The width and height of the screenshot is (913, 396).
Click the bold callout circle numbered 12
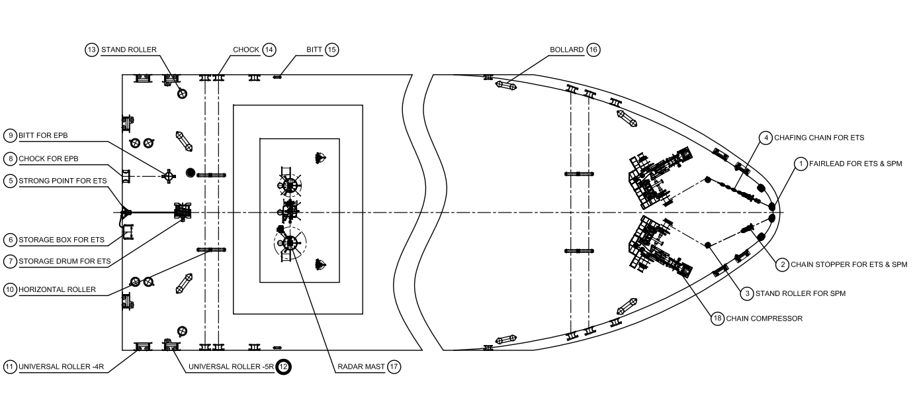click(x=283, y=367)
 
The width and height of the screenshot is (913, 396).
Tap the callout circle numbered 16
click(x=593, y=50)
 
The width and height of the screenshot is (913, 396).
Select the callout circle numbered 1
click(x=801, y=164)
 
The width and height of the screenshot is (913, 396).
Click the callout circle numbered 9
click(x=10, y=135)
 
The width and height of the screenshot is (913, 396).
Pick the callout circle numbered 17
click(x=394, y=367)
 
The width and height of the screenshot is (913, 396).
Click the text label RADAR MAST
click(x=361, y=367)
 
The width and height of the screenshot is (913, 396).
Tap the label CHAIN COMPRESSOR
click(x=764, y=319)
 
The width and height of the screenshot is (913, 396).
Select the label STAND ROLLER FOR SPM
click(x=801, y=293)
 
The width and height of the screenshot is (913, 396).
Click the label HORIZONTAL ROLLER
click(x=57, y=289)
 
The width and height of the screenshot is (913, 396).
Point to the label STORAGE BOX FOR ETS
click(x=62, y=240)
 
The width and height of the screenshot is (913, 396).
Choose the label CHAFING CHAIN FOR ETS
click(x=819, y=138)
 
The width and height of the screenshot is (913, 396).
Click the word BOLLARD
click(x=566, y=50)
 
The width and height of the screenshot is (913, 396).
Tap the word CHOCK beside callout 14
click(x=245, y=50)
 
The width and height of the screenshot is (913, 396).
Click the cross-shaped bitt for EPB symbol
click(x=168, y=177)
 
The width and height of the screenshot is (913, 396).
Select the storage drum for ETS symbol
click(x=183, y=211)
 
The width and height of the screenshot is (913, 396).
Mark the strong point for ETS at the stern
click(x=126, y=212)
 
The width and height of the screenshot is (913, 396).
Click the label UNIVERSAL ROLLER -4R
click(x=61, y=367)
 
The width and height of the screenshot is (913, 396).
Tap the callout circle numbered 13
click(x=92, y=50)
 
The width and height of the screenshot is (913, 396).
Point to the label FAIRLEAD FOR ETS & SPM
click(x=855, y=164)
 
